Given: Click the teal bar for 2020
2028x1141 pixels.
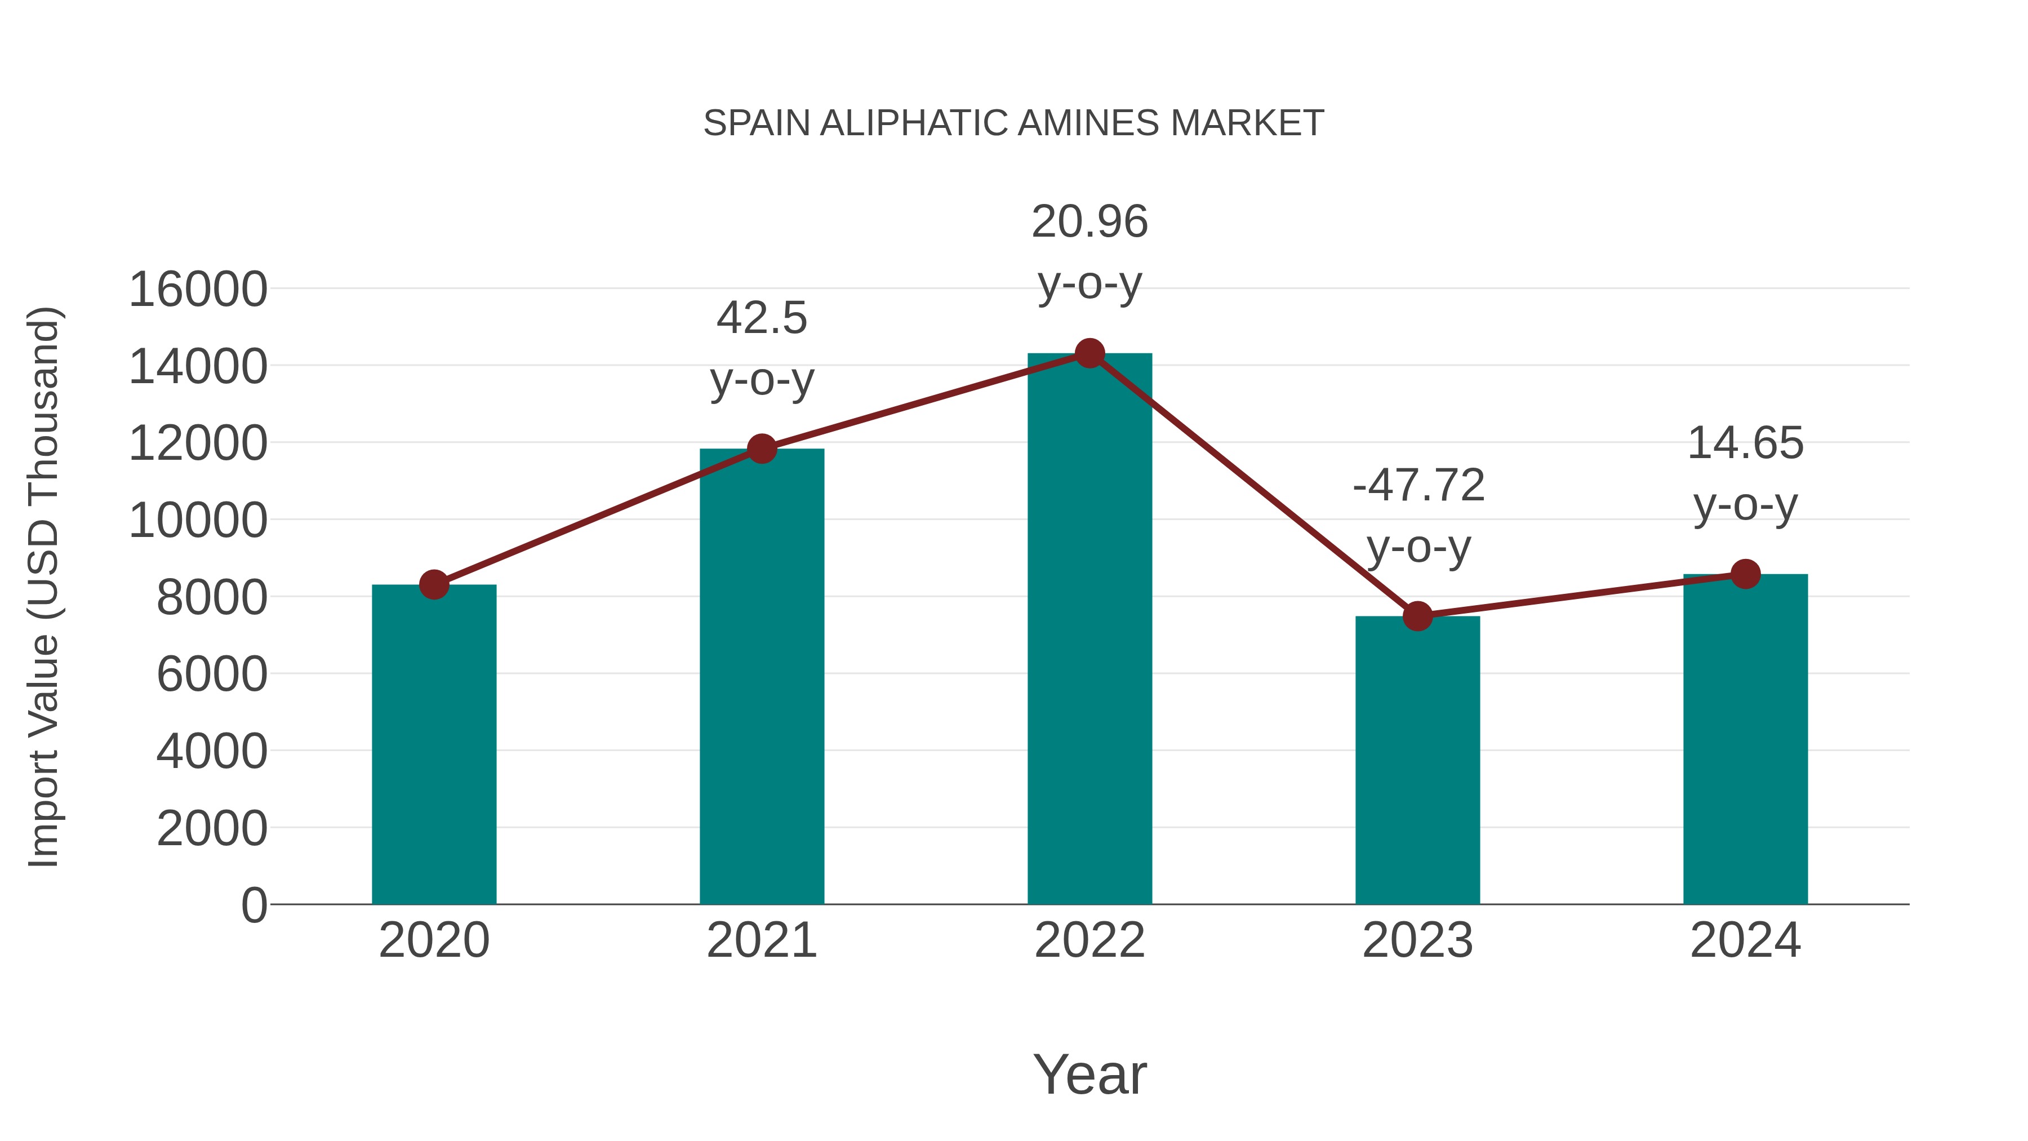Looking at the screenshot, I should (x=434, y=744).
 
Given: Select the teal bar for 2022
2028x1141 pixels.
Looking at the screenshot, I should (x=1089, y=630).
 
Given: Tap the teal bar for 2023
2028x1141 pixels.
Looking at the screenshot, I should (x=1417, y=760).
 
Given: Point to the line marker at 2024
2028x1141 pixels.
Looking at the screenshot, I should (x=1745, y=574).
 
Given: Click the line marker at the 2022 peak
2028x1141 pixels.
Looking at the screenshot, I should (x=1089, y=353).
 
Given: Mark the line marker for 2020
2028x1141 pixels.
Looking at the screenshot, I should (x=434, y=584).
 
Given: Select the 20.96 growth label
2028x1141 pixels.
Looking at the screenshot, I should (x=1089, y=221).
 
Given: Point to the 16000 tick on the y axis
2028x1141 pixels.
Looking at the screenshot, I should (x=198, y=289).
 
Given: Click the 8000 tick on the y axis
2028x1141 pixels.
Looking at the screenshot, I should (x=212, y=597).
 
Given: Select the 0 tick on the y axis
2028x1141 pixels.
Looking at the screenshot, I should (x=253, y=905).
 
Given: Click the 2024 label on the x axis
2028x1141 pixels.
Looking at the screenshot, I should (x=1745, y=940).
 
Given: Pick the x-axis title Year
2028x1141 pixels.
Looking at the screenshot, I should (x=1089, y=1074).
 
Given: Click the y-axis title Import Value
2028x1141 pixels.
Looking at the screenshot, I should (x=44, y=587).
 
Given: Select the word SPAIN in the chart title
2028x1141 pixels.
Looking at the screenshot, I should (x=757, y=123).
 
